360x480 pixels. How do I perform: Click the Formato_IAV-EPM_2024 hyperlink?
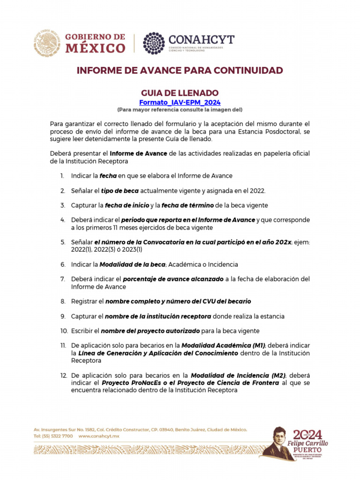(x=180, y=102)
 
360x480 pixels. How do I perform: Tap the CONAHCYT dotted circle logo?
(x=154, y=43)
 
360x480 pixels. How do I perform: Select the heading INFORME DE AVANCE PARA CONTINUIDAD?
(x=180, y=71)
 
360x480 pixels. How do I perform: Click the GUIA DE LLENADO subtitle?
(x=180, y=93)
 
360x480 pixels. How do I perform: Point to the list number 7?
(x=62, y=279)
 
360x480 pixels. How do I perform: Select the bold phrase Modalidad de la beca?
(x=132, y=264)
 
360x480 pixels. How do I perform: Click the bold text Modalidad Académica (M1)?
(x=223, y=345)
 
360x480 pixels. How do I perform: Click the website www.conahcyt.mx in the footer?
(x=99, y=436)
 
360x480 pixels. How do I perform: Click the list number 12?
(x=63, y=375)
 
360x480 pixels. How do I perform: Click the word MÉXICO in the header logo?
(x=95, y=48)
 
